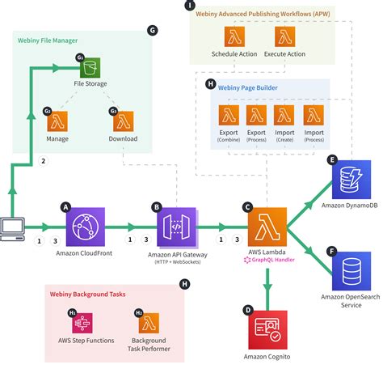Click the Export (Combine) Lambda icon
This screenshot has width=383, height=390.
(x=228, y=114)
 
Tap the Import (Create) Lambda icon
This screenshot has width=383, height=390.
(x=284, y=114)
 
